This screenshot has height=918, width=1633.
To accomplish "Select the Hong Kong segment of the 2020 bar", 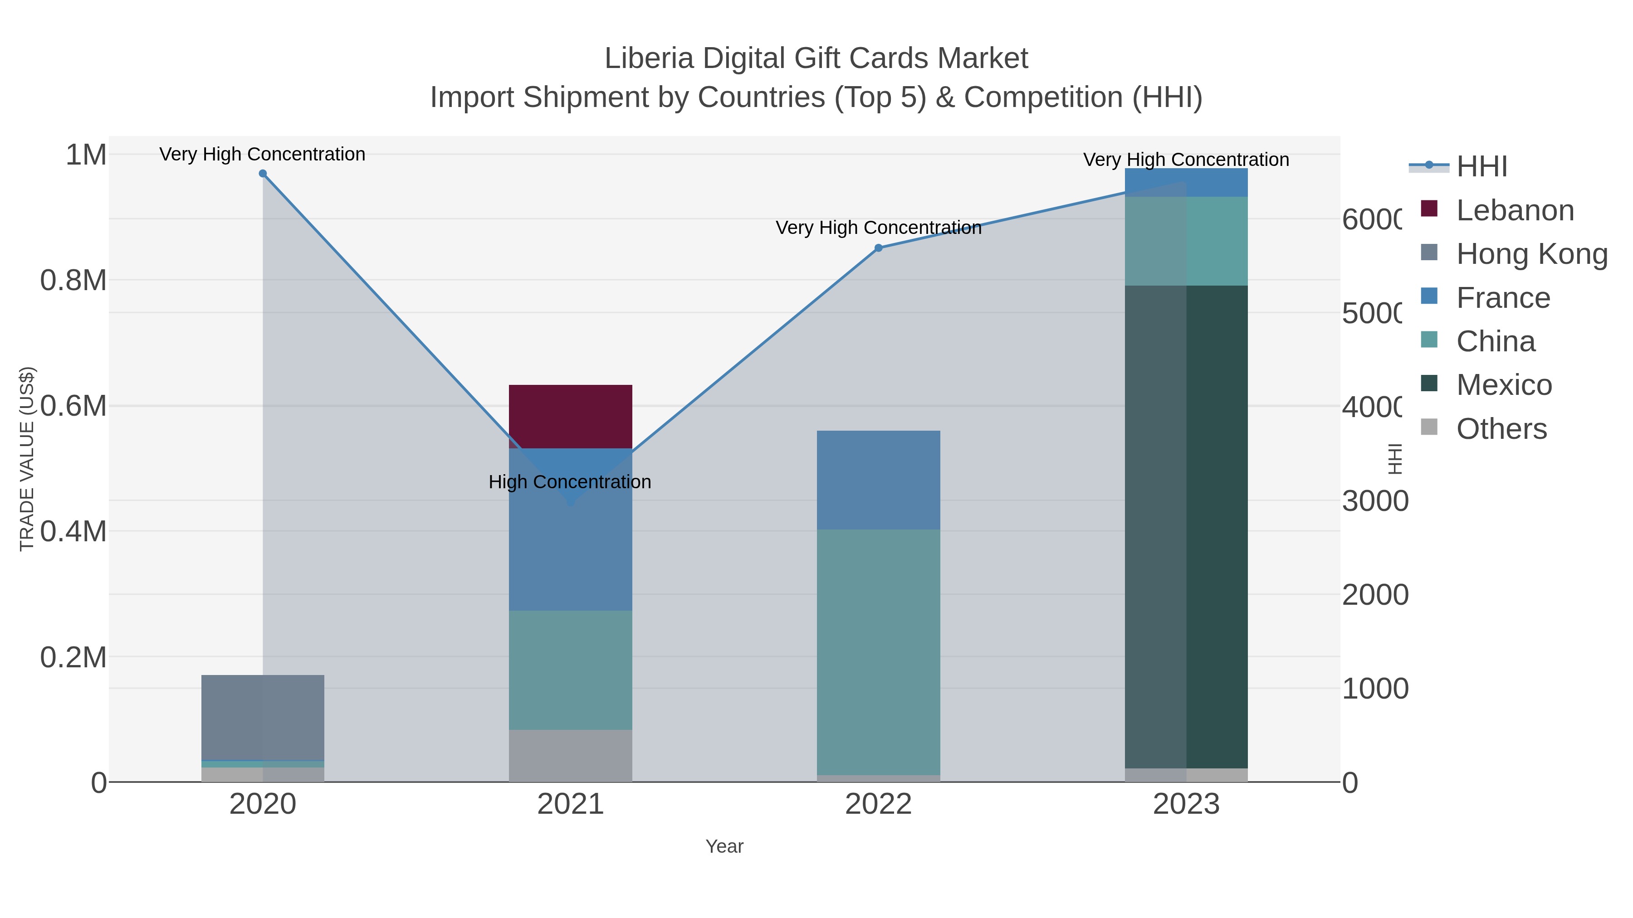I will pos(263,717).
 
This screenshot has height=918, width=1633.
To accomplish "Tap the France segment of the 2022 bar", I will pos(878,480).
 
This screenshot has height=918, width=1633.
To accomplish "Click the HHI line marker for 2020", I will pos(263,174).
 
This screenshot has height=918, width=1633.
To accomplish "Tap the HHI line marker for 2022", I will pos(878,248).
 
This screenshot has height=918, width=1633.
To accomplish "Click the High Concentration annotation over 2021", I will pos(570,482).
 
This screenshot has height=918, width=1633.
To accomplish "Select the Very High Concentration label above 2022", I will pos(878,228).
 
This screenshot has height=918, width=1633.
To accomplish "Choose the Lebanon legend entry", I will pos(1515,210).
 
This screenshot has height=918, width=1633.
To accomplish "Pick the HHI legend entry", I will pos(1481,167).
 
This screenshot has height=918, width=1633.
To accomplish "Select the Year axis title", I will pos(724,846).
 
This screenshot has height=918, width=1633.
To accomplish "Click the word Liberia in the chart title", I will pos(649,58).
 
